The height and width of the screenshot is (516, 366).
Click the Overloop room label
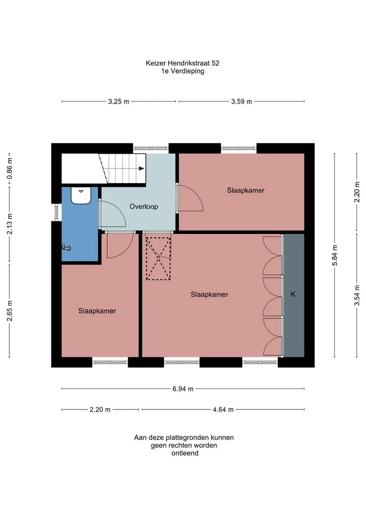point(144,207)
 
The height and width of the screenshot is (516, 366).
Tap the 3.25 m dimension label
point(118,101)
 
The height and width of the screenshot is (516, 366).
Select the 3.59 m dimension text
point(241,101)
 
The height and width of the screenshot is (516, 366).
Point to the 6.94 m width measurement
point(183,389)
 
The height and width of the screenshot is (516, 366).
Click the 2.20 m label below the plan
point(100,410)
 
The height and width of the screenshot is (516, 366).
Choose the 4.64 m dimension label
point(223,410)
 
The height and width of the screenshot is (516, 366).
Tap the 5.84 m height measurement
point(335,255)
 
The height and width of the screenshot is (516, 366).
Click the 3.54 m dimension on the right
point(357,295)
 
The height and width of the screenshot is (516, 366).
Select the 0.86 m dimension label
point(10,168)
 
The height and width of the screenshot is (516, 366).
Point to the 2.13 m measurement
point(10,224)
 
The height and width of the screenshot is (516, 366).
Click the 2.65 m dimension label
point(10,311)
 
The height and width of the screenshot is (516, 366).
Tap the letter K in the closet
point(293,294)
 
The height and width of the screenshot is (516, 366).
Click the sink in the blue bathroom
point(81,195)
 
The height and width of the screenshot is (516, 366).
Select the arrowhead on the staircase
point(142,168)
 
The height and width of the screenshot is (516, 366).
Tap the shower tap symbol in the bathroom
point(66,248)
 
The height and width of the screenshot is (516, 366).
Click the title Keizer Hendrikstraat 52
point(182,63)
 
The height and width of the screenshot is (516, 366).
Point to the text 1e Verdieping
point(182,71)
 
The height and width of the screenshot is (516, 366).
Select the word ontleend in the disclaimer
point(185,453)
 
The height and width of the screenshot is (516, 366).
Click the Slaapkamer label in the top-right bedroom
point(246,190)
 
